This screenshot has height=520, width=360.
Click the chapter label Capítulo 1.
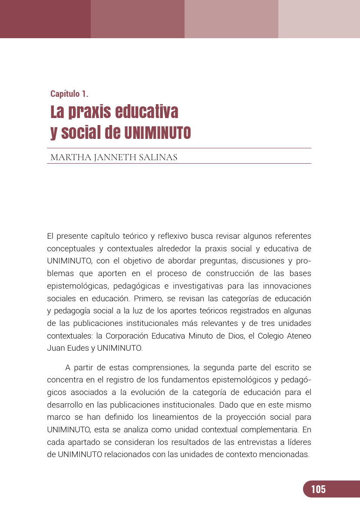point(69,93)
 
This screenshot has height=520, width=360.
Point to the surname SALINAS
point(158,157)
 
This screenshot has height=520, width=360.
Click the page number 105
point(318,489)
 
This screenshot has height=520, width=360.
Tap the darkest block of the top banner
point(45,19)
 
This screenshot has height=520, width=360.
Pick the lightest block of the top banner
point(319,19)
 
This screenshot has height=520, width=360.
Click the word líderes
point(299,442)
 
